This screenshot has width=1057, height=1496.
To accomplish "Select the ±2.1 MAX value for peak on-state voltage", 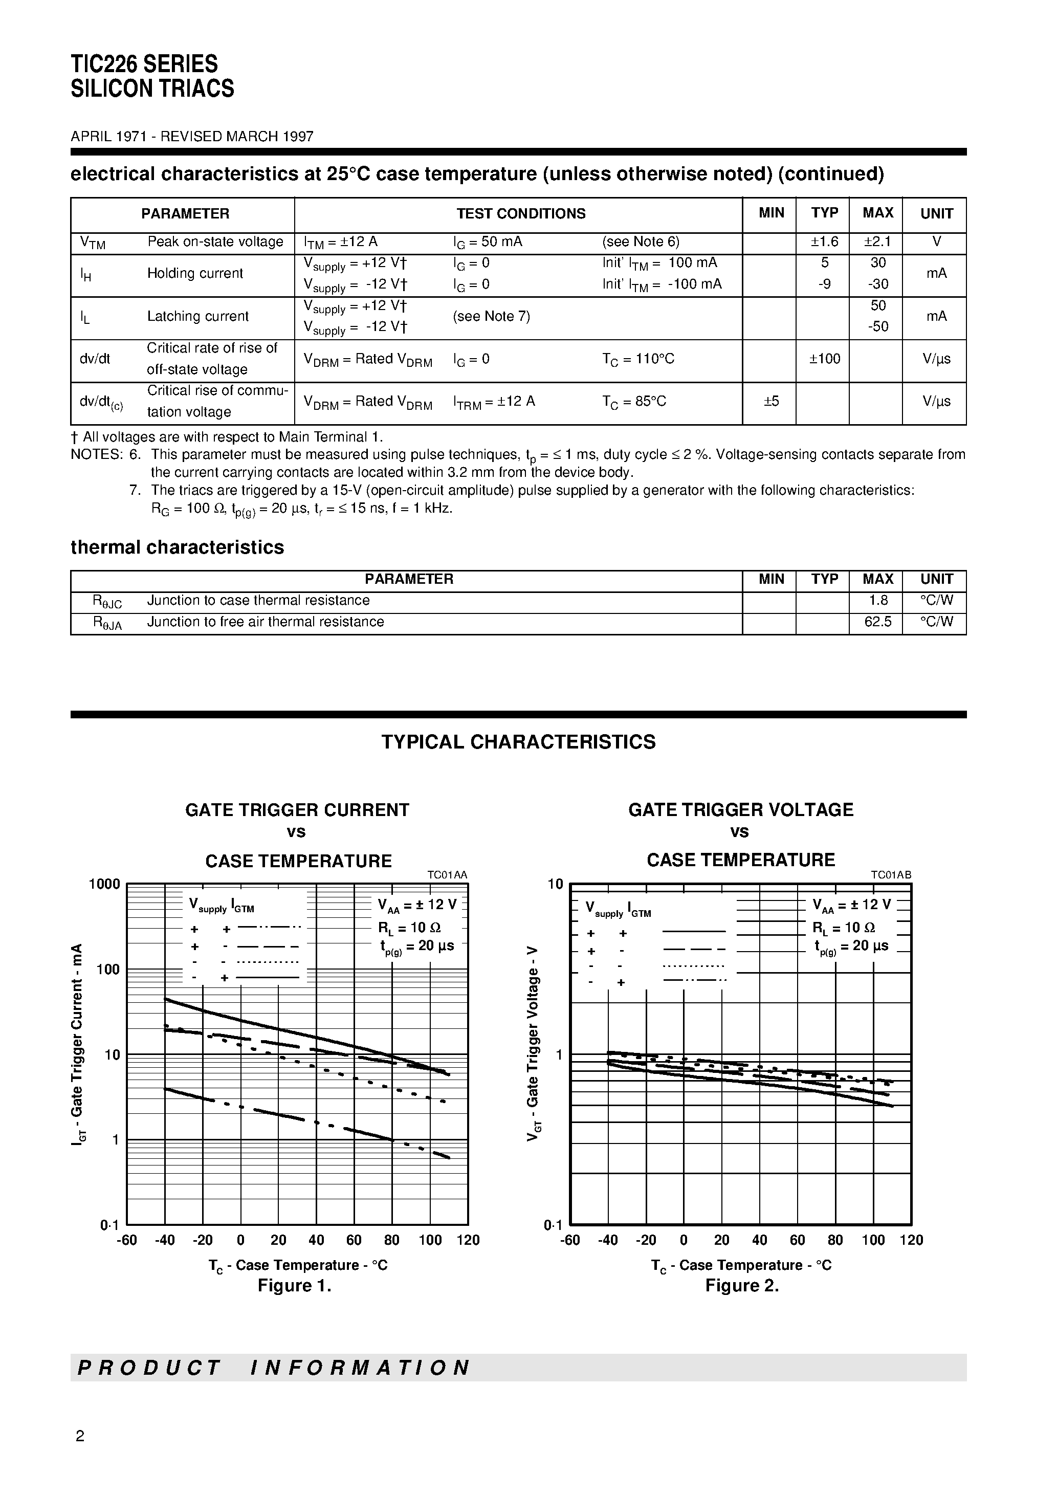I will (877, 241).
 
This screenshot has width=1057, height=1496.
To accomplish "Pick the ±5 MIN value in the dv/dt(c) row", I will (771, 401).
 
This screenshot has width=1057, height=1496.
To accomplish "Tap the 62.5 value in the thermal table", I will (877, 622).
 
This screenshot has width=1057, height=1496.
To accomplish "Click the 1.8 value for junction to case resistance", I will (877, 600).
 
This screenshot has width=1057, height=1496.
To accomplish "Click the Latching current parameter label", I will (197, 316).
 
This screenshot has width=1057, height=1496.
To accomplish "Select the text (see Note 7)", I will (491, 316).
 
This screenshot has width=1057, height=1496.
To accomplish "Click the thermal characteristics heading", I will (177, 547).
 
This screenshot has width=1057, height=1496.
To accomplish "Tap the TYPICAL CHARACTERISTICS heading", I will (518, 742).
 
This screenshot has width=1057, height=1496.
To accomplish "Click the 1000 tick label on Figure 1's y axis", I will (104, 884).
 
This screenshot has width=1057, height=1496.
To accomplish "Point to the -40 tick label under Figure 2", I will (607, 1240).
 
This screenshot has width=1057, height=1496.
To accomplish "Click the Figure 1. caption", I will (295, 1286).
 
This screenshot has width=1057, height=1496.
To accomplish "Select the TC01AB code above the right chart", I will (891, 875).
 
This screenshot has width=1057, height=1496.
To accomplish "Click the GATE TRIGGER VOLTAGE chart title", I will (740, 810).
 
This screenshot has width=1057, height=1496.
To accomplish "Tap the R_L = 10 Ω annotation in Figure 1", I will (409, 927).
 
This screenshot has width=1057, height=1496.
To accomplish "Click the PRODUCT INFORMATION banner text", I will (274, 1367).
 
